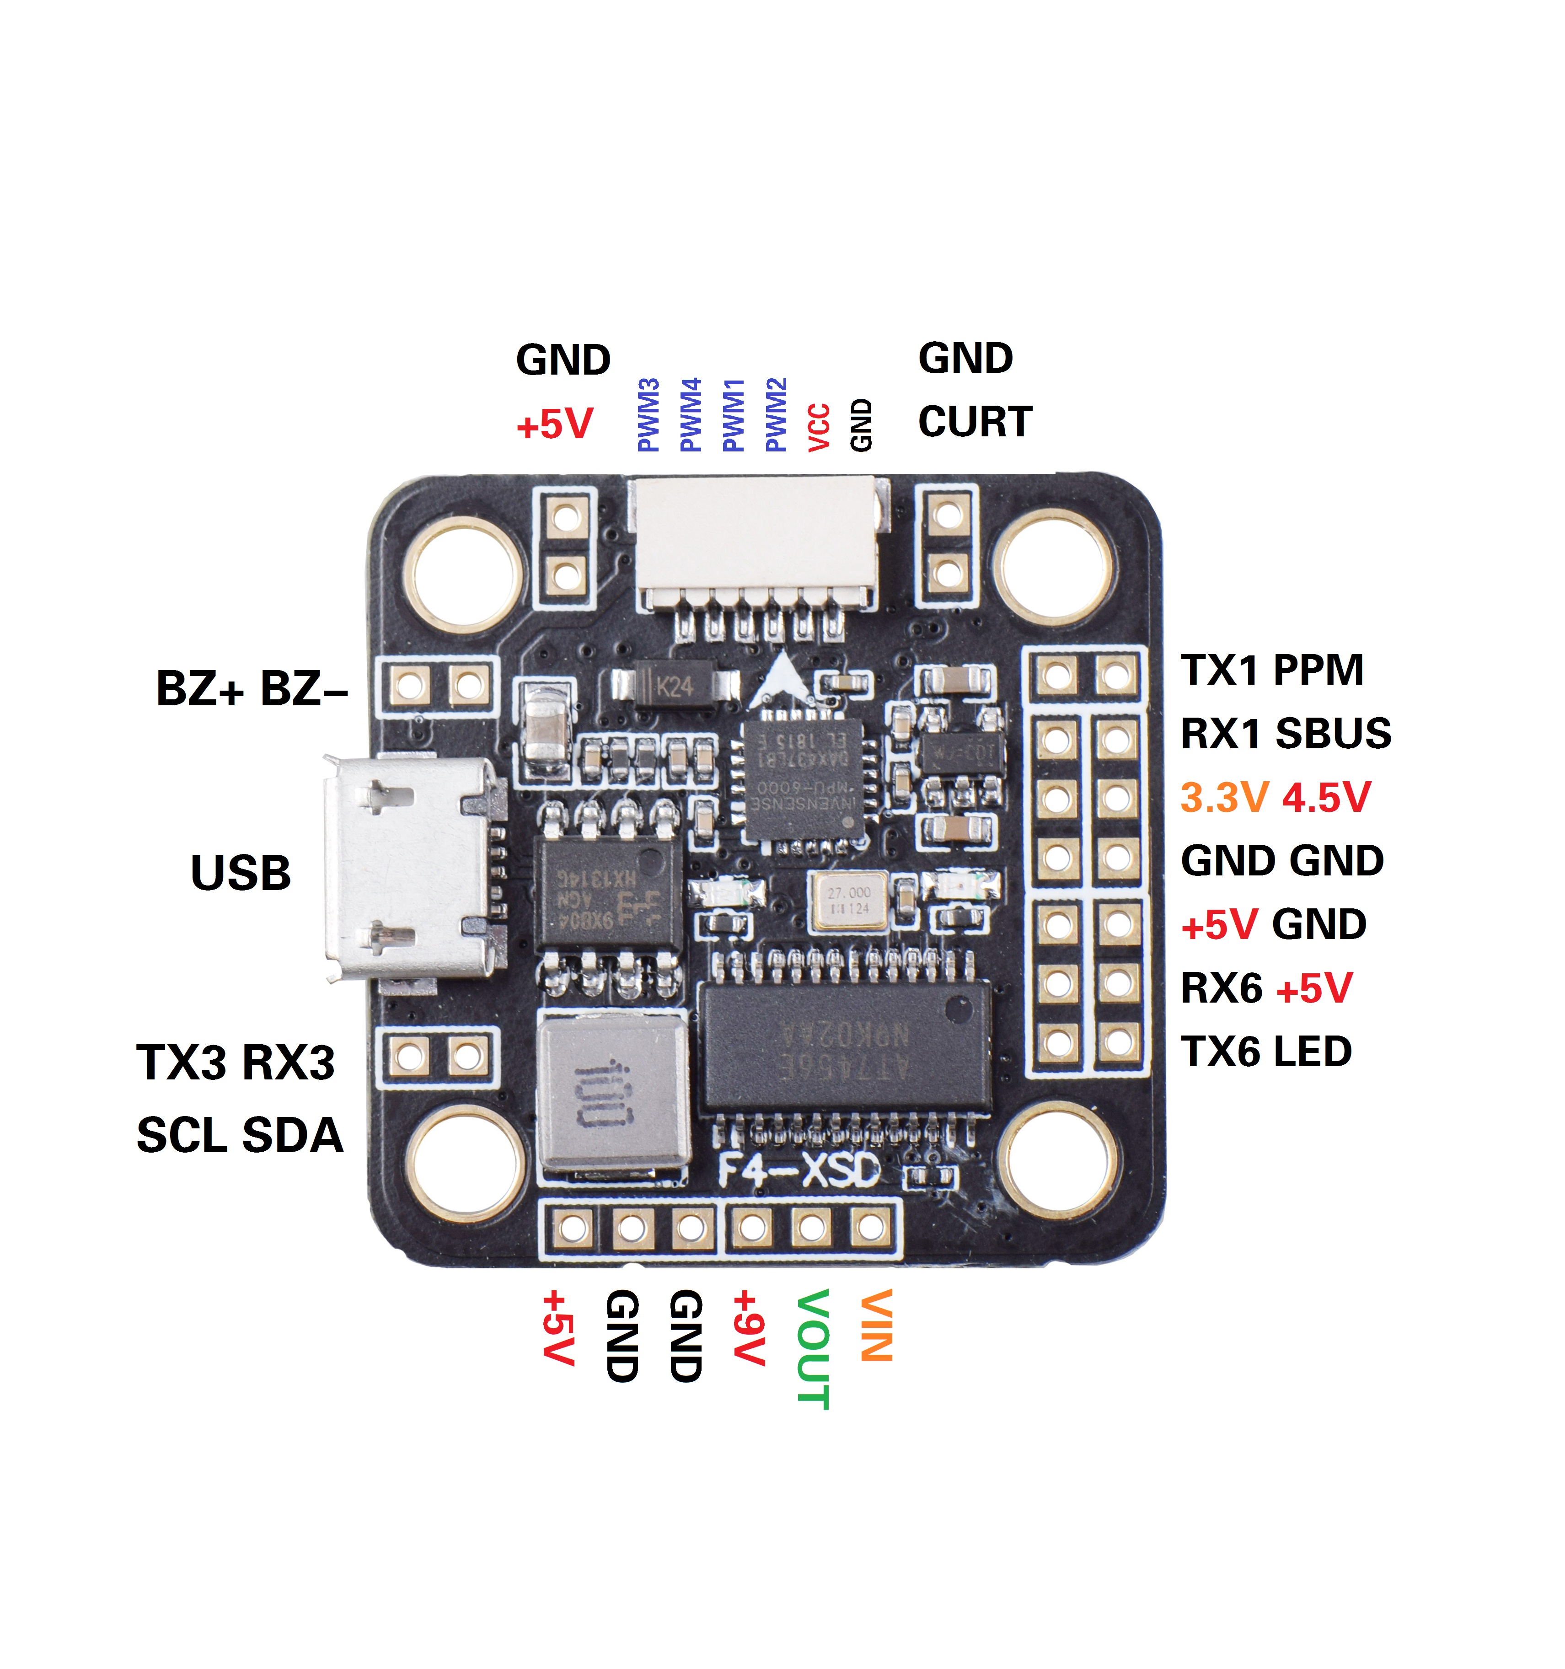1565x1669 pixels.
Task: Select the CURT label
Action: (x=975, y=421)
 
